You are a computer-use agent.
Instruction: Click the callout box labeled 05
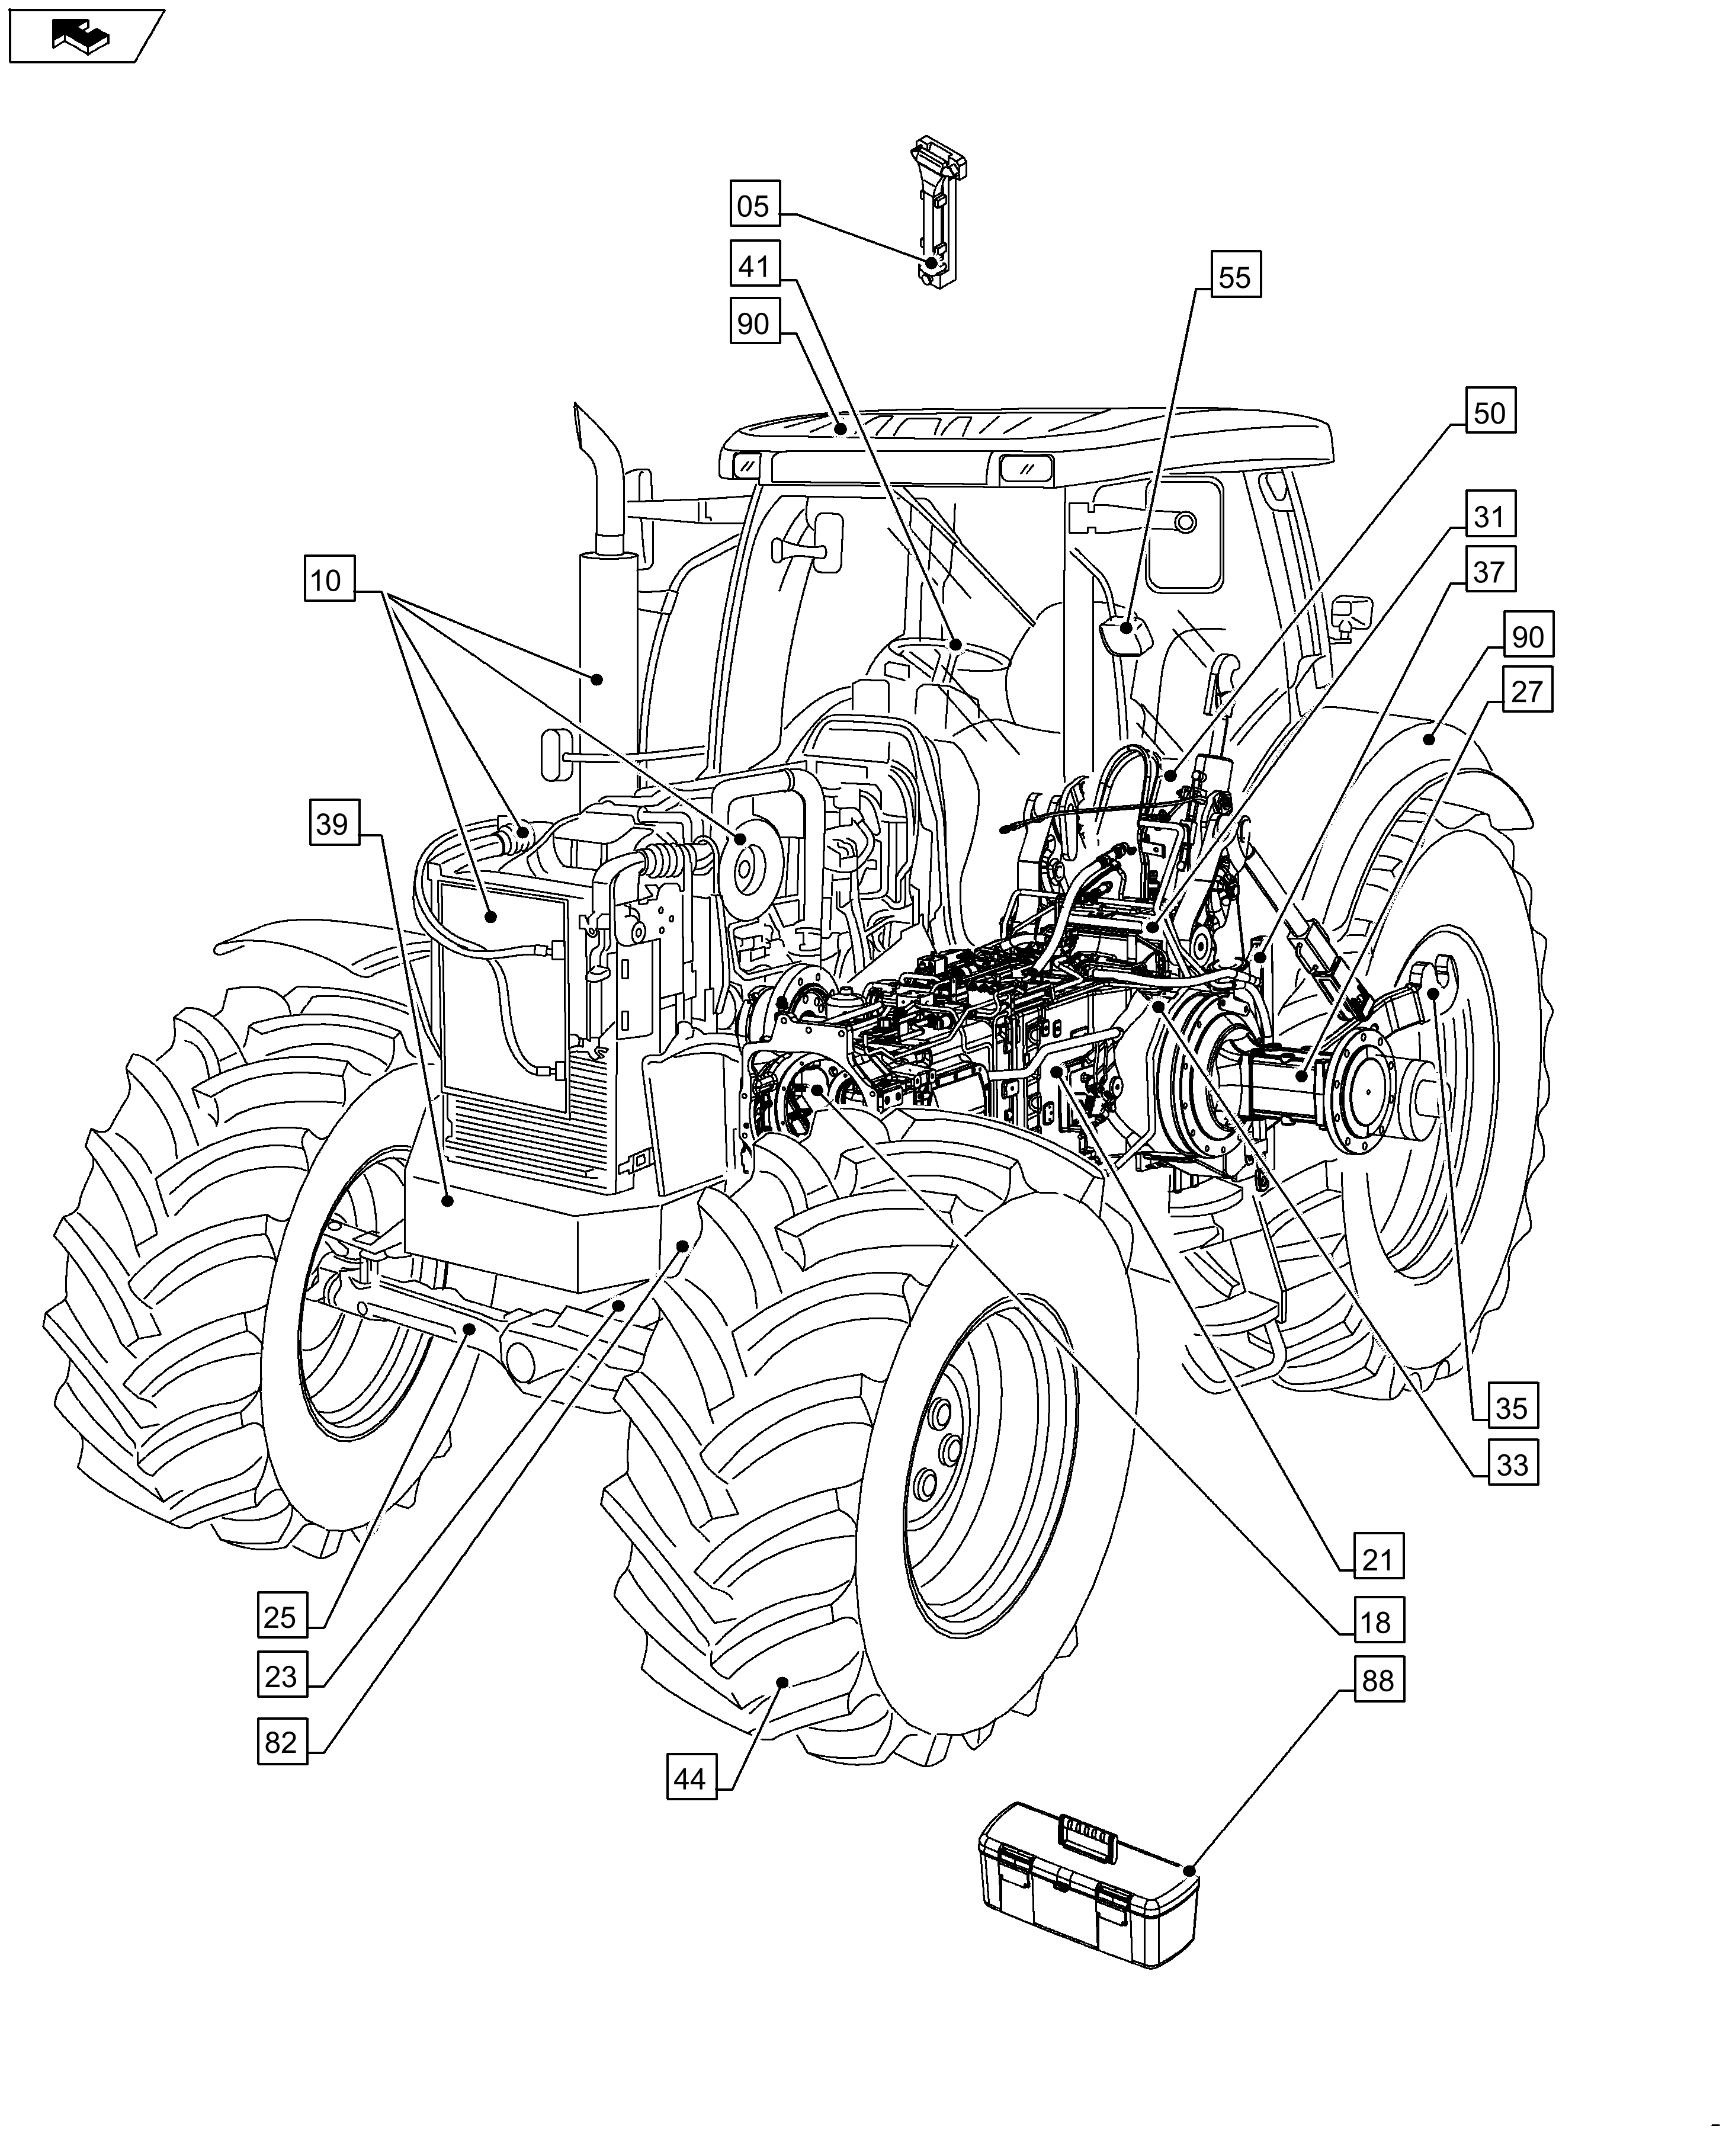tap(754, 206)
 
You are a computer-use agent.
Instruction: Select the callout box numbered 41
tap(754, 266)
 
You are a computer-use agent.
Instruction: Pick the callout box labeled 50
tap(1490, 412)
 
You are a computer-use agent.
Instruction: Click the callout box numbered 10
tap(328, 579)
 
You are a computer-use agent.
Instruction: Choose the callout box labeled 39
tap(333, 823)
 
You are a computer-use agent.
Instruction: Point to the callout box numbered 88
tap(1377, 1681)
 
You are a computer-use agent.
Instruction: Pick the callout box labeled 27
tap(1526, 691)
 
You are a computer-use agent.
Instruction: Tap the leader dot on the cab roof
tap(839, 430)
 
